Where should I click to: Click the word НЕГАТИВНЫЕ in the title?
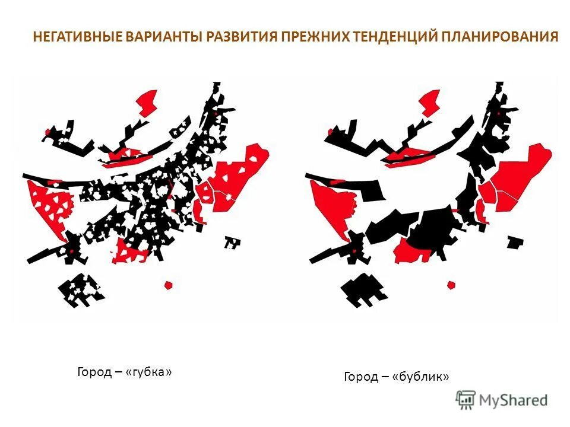pyautogui.click(x=78, y=37)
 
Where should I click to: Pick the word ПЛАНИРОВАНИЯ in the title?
pyautogui.click(x=500, y=37)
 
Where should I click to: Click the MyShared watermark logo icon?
pyautogui.click(x=466, y=400)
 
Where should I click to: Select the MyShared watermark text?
pyautogui.click(x=513, y=401)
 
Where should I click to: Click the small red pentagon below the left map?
pyautogui.click(x=169, y=285)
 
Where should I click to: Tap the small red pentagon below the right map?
pyautogui.click(x=451, y=285)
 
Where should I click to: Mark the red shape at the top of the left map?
pyautogui.click(x=147, y=102)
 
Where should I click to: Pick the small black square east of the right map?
pyautogui.click(x=514, y=242)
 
